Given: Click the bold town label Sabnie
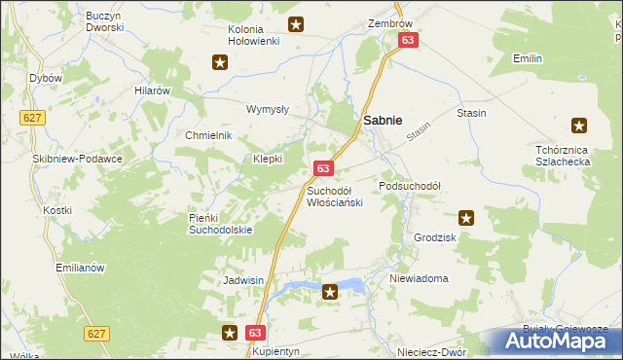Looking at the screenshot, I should click(x=384, y=120).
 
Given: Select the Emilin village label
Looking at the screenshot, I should click(x=528, y=59).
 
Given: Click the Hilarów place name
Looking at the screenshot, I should click(x=153, y=90).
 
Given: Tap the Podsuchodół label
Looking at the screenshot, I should click(x=410, y=185).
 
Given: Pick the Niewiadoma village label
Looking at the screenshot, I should click(x=418, y=278).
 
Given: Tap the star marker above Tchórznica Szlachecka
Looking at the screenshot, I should click(x=579, y=125).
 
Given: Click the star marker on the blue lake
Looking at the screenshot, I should click(x=330, y=290).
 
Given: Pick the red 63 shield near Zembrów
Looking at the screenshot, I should click(x=408, y=40).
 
